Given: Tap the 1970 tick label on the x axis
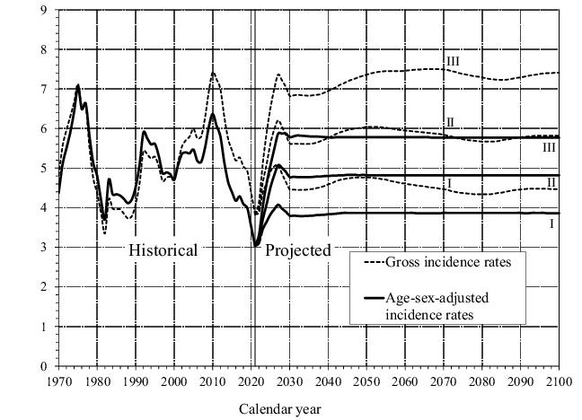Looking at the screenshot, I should click(x=58, y=380).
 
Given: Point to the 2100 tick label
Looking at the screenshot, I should click(x=559, y=380).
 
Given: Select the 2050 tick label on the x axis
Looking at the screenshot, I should click(x=366, y=380).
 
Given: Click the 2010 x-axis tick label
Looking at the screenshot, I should click(x=212, y=380).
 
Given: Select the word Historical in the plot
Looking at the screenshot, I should click(x=163, y=249).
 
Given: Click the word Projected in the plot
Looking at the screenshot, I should click(x=297, y=249).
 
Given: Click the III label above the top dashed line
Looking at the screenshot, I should click(x=454, y=60).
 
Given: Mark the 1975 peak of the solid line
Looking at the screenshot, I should click(x=78, y=86).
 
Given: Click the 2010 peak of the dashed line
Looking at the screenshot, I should click(x=213, y=73).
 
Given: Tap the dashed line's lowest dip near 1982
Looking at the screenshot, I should click(x=104, y=233).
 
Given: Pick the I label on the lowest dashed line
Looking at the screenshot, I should click(x=446, y=183).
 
